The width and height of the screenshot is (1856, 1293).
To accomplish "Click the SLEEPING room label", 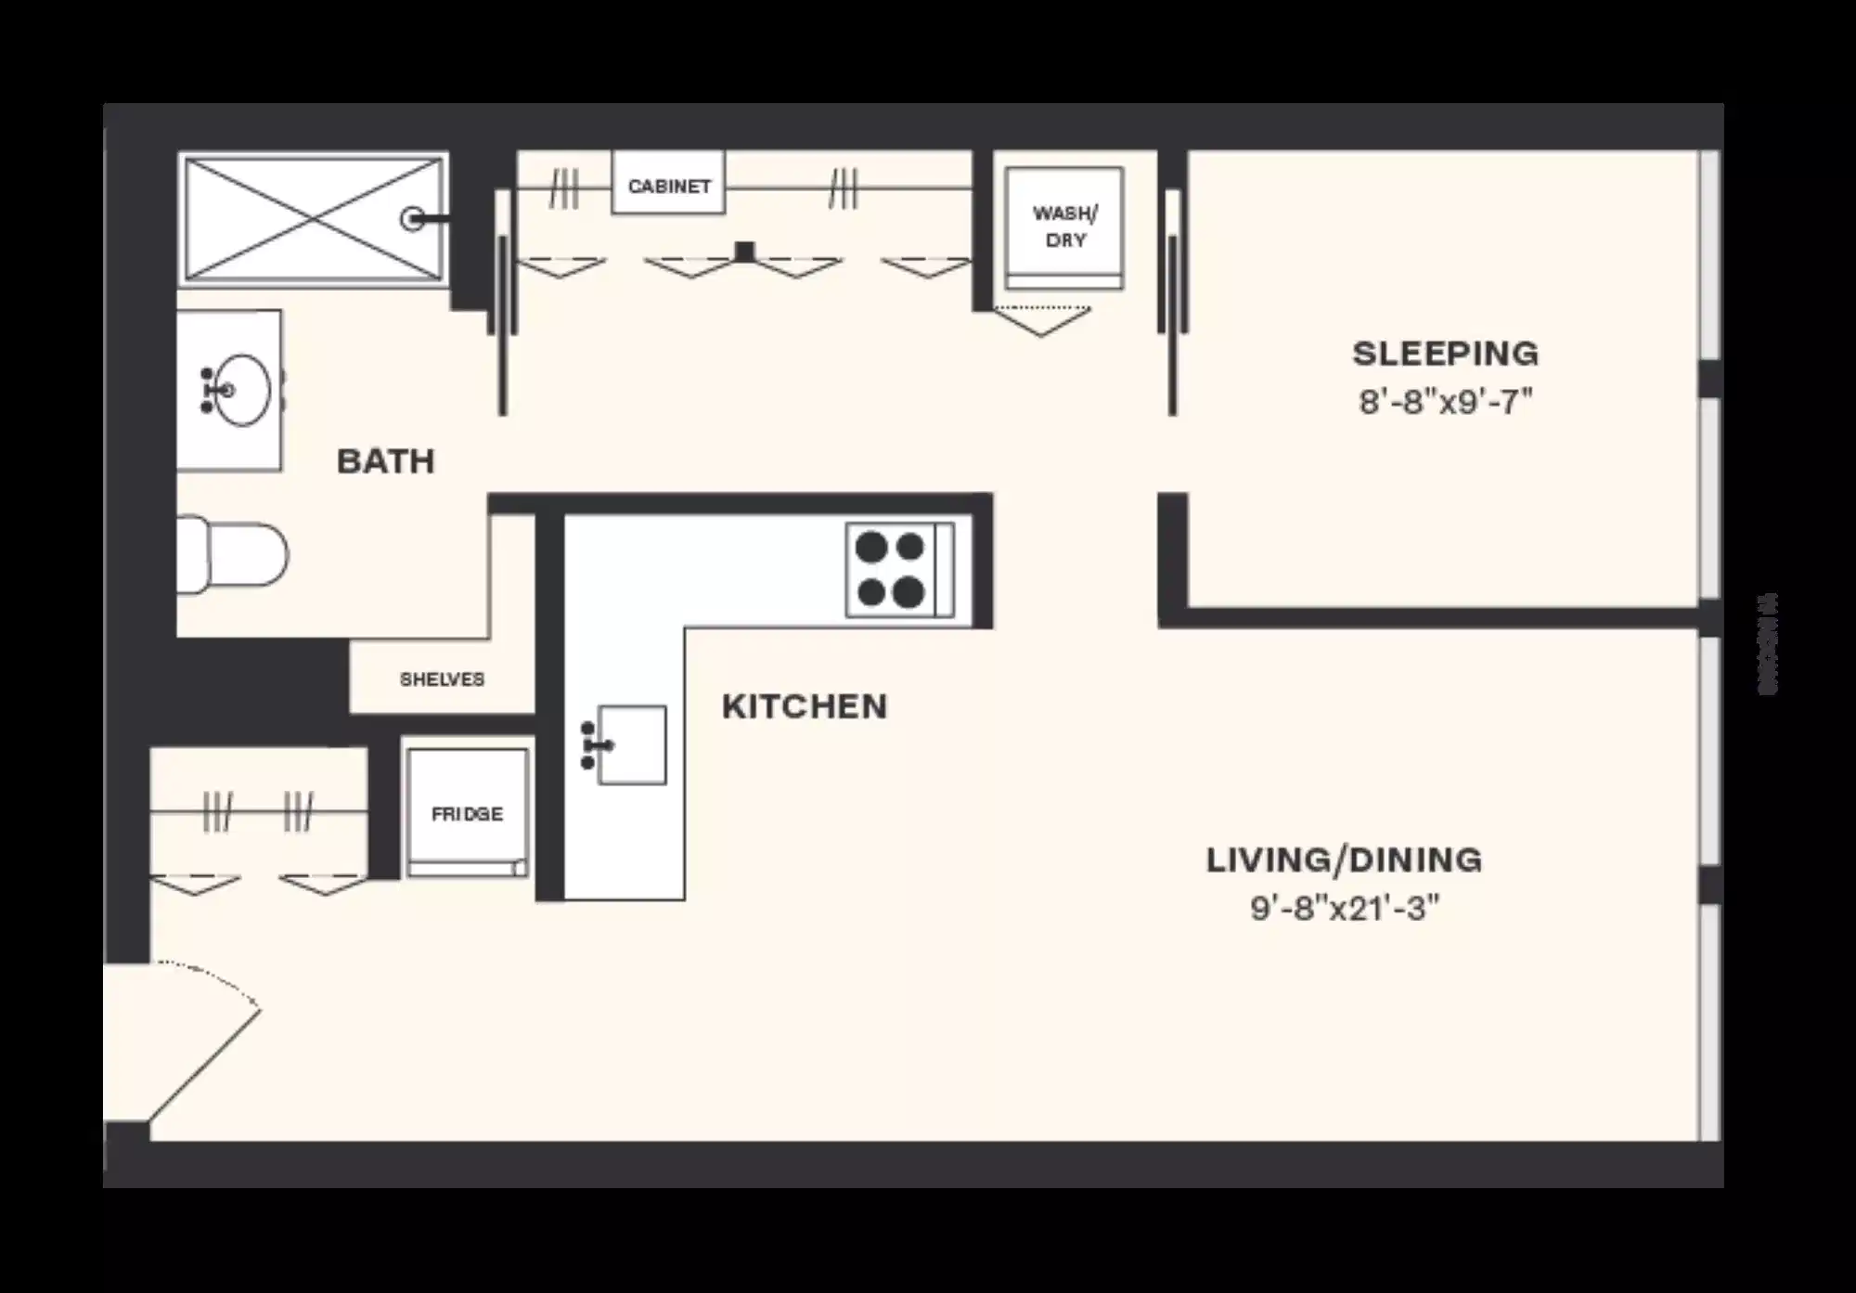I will tap(1445, 354).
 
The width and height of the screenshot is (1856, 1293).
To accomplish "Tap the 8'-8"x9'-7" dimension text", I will tap(1445, 402).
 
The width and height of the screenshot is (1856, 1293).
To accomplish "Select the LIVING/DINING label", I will tap(1344, 860).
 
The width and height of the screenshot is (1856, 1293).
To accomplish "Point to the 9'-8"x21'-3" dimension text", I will tap(1344, 908).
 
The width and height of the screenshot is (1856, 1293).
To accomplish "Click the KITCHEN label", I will tap(804, 706).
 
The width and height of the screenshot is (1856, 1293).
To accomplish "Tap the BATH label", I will tap(385, 461).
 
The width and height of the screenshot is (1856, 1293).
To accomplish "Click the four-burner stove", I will tap(897, 569).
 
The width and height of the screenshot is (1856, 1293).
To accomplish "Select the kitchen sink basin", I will tap(632, 744).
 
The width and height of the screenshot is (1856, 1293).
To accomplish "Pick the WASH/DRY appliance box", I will tap(1064, 226).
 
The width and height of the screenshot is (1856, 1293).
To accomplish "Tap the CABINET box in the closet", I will tap(668, 186).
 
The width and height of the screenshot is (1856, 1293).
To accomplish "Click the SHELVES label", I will tap(442, 679).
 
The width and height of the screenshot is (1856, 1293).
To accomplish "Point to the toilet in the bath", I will tap(232, 555).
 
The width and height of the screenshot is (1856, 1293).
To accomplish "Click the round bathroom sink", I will tap(239, 390).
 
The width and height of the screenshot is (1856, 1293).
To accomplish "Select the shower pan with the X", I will tap(313, 219).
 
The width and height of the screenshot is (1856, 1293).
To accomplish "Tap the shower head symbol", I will tap(415, 219).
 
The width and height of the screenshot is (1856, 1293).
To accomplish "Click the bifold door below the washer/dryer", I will tap(1042, 321).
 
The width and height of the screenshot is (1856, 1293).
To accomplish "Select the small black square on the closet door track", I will tap(744, 250).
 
